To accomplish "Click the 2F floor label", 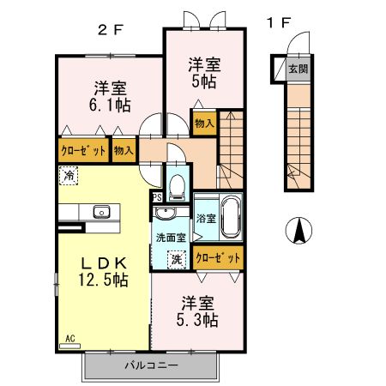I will [111, 27].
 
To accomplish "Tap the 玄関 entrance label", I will [297, 69].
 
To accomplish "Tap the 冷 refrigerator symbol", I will [67, 175].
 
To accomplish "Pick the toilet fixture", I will [178, 184].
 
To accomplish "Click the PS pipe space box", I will [157, 196].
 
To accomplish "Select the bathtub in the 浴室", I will [229, 217].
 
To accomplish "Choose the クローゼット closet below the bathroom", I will [217, 256].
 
